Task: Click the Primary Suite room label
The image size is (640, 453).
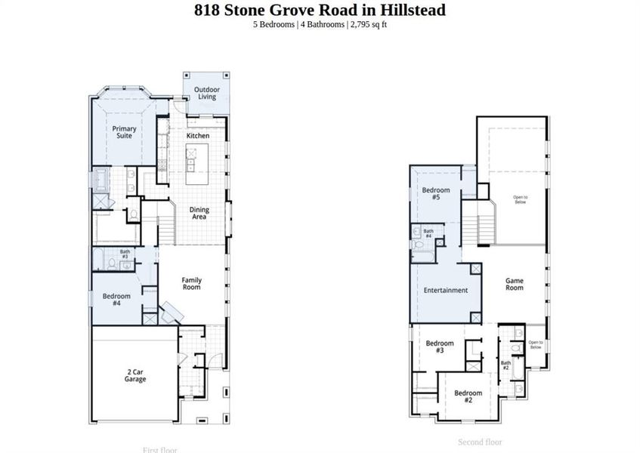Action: (x=124, y=133)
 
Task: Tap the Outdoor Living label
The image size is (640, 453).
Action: (x=207, y=93)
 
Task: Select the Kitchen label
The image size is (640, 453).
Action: (x=198, y=136)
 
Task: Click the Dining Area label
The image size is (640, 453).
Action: (x=199, y=214)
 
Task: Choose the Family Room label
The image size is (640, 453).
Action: (x=191, y=284)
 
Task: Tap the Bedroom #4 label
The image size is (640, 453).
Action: (x=116, y=299)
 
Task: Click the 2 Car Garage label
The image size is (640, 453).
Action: (x=135, y=375)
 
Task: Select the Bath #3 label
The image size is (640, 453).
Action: (x=125, y=255)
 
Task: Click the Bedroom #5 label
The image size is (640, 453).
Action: (x=436, y=194)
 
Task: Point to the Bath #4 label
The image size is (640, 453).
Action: (x=428, y=233)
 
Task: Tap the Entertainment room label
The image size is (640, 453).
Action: (x=445, y=290)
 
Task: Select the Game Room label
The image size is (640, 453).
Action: (x=514, y=285)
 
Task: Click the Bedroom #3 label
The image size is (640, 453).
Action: (x=440, y=347)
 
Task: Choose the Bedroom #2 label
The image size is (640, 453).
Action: (x=468, y=396)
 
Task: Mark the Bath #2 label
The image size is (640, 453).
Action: (x=506, y=365)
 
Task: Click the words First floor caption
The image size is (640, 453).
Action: (x=159, y=449)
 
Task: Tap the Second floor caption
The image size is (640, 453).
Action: (x=480, y=442)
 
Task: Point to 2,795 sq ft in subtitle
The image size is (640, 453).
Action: (x=368, y=24)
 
